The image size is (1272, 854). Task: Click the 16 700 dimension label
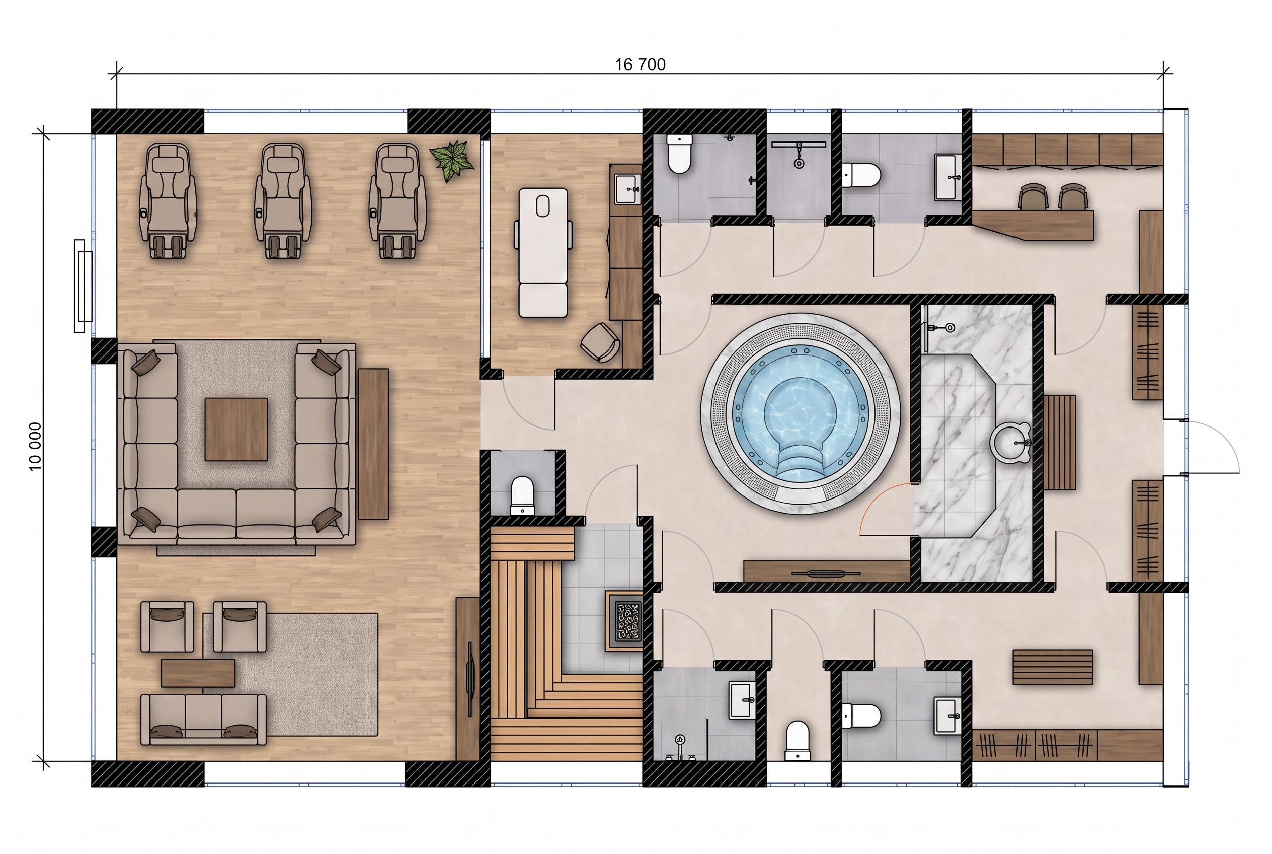[x=640, y=65]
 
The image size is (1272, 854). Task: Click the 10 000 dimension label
[x=35, y=447]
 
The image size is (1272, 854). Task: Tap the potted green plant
[x=451, y=160]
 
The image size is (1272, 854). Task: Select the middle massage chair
[x=283, y=200]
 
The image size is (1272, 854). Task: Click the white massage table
[x=543, y=252]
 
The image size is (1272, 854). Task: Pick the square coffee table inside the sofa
[x=236, y=429]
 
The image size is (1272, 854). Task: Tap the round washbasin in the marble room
[x=1011, y=441]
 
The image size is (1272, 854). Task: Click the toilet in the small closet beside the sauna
[x=522, y=495]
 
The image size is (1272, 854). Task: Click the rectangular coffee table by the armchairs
[x=198, y=673]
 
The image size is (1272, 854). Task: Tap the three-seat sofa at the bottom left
[x=204, y=720]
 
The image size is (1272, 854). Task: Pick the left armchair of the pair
[x=167, y=626]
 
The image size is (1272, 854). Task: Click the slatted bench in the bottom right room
[x=1053, y=667]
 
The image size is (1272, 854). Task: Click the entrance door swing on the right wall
[x=1212, y=447]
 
